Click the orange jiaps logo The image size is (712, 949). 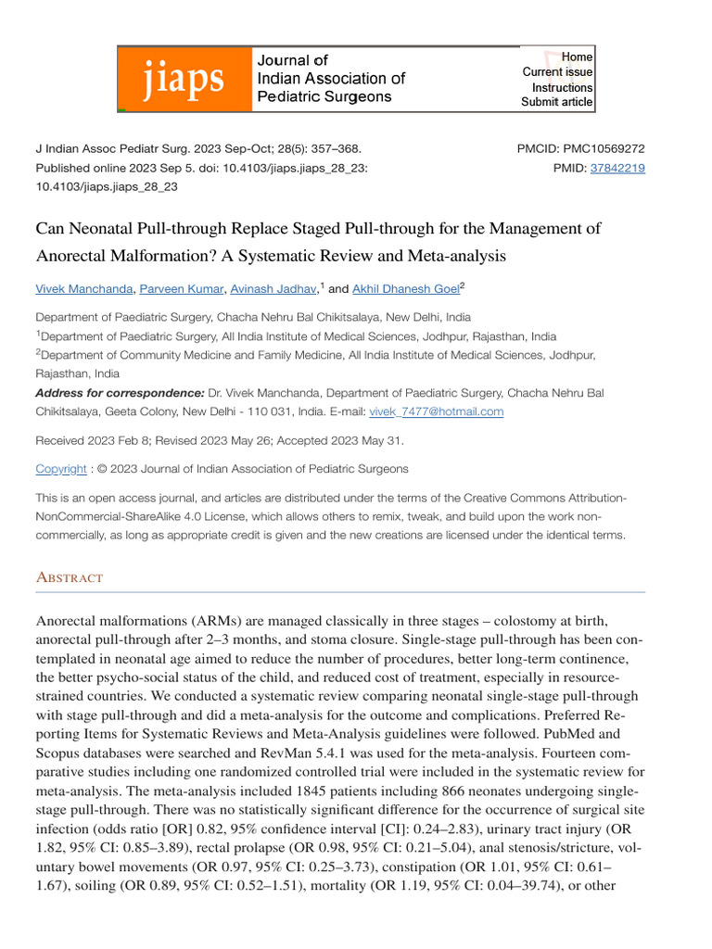pos(183,79)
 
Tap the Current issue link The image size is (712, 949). pos(557,72)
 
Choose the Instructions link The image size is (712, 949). pos(562,87)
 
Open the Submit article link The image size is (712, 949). pos(556,102)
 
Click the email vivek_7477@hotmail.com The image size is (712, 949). pos(437,411)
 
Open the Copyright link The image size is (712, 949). pos(61,469)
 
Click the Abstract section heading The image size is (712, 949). pos(70,577)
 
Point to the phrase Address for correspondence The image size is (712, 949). pos(120,393)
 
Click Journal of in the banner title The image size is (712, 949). pos(293,59)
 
